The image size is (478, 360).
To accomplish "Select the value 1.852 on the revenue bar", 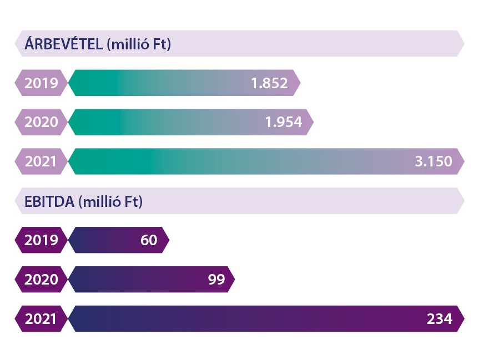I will coord(269,83).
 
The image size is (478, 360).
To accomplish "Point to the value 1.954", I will coord(283,122).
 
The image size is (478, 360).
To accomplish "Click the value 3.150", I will coord(433,161).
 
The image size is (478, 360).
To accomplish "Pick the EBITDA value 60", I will coord(149,240).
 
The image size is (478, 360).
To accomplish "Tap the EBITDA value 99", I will coord(216,280).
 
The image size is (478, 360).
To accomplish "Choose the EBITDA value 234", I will coord(439,319).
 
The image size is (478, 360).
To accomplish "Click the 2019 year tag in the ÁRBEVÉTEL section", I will coord(41,83).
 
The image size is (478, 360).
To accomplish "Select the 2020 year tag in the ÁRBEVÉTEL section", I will coord(41,122).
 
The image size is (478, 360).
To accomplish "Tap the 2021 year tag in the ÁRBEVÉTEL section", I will coord(41,161).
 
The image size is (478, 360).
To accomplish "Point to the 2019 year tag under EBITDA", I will coord(41,240).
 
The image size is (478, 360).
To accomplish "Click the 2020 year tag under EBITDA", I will coord(41,280).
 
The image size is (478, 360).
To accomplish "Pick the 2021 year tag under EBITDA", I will coord(41,319).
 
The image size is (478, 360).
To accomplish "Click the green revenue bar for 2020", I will coord(167,122).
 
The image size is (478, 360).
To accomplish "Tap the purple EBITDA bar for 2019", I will coord(105,240).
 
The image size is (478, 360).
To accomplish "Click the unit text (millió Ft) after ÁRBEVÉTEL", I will coord(138,44).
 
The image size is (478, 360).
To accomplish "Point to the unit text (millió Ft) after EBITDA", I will coord(111,201).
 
